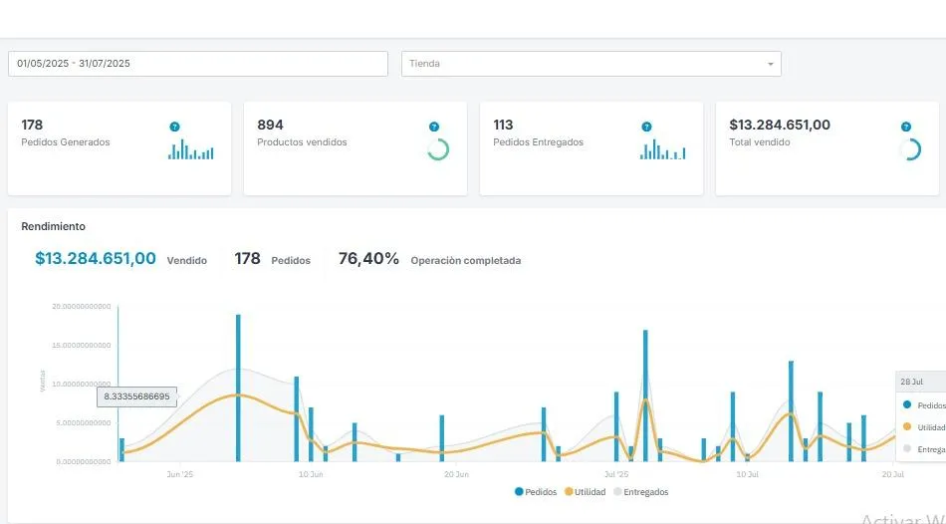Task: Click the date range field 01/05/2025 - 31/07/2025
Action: click(x=197, y=64)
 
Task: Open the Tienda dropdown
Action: click(x=591, y=64)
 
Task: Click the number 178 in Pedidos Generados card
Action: click(x=32, y=126)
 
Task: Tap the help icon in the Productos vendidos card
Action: click(x=433, y=128)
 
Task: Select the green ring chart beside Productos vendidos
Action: click(x=437, y=149)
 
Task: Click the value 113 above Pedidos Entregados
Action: click(x=503, y=126)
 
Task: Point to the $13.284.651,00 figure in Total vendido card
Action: click(x=780, y=126)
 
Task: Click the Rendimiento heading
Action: click(x=53, y=227)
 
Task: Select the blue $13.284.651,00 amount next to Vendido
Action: click(x=96, y=259)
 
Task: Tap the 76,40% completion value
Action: click(x=368, y=259)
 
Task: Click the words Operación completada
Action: click(x=465, y=261)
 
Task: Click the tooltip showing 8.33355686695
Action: click(x=136, y=396)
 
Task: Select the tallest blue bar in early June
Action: click(x=238, y=387)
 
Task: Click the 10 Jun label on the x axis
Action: click(x=311, y=475)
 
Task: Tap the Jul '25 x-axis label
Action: click(x=617, y=475)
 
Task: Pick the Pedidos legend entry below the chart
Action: click(x=536, y=492)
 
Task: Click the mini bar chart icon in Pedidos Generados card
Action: click(x=191, y=151)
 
